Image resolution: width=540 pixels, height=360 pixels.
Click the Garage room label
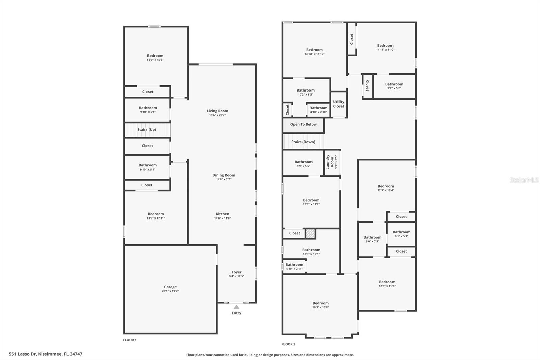170,287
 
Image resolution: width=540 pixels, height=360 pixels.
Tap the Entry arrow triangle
236,307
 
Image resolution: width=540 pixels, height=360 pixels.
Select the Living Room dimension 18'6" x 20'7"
217,115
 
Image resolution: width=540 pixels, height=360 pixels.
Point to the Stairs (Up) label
146,130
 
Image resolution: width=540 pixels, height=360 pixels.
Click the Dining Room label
223,175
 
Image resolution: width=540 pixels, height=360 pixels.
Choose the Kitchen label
222,214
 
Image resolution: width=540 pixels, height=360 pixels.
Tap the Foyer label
237,272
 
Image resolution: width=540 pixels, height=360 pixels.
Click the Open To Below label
303,124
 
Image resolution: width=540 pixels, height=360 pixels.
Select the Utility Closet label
339,104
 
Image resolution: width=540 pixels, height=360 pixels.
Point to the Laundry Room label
330,162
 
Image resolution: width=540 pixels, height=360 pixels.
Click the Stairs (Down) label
303,142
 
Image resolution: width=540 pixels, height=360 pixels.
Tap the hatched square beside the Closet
310,234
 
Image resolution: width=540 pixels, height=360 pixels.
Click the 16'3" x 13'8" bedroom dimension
321,307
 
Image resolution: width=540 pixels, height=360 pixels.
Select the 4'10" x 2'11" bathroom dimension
294,269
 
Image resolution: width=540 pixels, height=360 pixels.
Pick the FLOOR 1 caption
130,340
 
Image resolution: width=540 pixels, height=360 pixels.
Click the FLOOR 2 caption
288,344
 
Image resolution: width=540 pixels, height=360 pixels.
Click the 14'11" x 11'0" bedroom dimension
385,49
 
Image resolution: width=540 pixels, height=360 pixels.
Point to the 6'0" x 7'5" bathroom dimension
373,241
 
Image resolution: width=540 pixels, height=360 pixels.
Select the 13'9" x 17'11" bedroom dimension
156,218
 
